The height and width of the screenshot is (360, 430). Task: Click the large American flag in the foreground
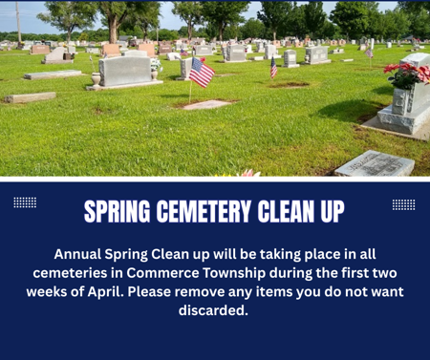coord(201,72)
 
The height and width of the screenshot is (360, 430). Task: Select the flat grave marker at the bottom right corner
coord(374,163)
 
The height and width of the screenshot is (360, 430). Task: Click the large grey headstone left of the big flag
coord(125,72)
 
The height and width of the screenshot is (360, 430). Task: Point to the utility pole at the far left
coord(18,23)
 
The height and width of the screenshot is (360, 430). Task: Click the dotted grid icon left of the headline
coord(25,202)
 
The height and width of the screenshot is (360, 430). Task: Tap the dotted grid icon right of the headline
coord(403,204)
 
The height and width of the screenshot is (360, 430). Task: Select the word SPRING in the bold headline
coord(114,211)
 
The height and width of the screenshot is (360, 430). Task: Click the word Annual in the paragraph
coord(82,254)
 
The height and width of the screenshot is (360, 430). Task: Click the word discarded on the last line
coord(213,310)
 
